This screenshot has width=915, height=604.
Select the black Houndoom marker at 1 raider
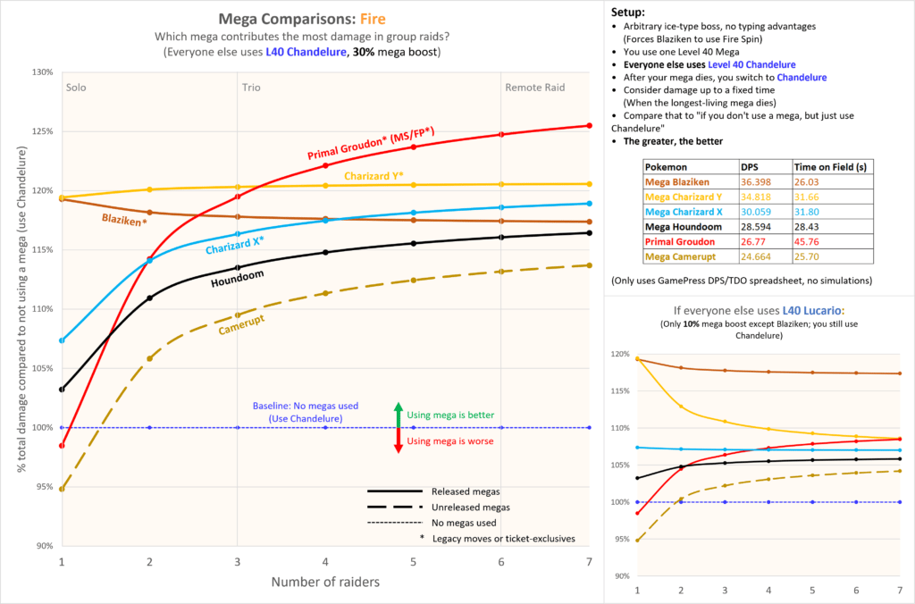pyautogui.click(x=62, y=390)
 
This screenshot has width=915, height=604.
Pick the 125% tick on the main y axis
pyautogui.click(x=42, y=131)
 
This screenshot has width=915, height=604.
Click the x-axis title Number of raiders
pyautogui.click(x=325, y=582)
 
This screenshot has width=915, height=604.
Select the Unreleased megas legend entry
pyautogui.click(x=461, y=507)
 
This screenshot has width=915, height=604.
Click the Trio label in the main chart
pyautogui.click(x=251, y=88)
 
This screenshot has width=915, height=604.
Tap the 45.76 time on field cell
pyautogui.click(x=808, y=239)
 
